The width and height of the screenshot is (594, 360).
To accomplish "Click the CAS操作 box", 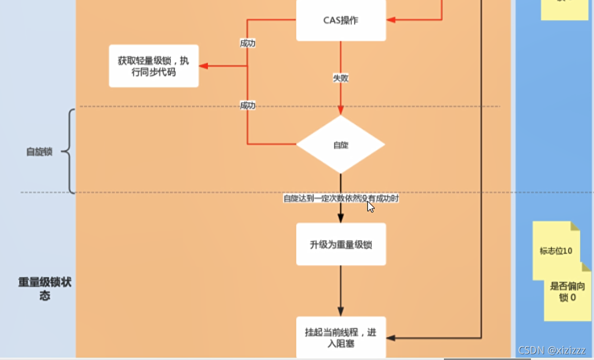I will pos(341,20).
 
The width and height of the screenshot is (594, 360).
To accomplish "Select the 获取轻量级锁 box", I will pos(154,66).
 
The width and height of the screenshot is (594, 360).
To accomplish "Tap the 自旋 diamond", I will pos(341,145).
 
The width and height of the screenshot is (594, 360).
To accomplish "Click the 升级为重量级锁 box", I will pos(341,244).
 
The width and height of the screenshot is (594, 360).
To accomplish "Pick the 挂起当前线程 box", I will pos(341,337).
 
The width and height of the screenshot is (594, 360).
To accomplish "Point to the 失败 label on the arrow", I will pos(341,78).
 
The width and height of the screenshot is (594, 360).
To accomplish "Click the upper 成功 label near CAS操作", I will pos(247,43).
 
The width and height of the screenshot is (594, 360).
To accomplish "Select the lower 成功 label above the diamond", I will pos(247,105).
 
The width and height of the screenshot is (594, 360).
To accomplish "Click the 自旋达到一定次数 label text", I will pos(341,199).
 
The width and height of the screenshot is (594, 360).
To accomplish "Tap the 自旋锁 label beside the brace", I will pos(39,152).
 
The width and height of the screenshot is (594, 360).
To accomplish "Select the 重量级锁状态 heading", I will pos(45,288).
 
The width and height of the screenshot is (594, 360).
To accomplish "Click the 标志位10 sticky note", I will pos(556,250).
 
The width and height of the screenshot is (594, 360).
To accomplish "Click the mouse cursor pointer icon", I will pos(370,206).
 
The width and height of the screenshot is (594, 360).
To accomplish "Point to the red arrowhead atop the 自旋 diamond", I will pos(341,110).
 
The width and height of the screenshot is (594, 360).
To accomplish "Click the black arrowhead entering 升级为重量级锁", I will pos(341,219).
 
